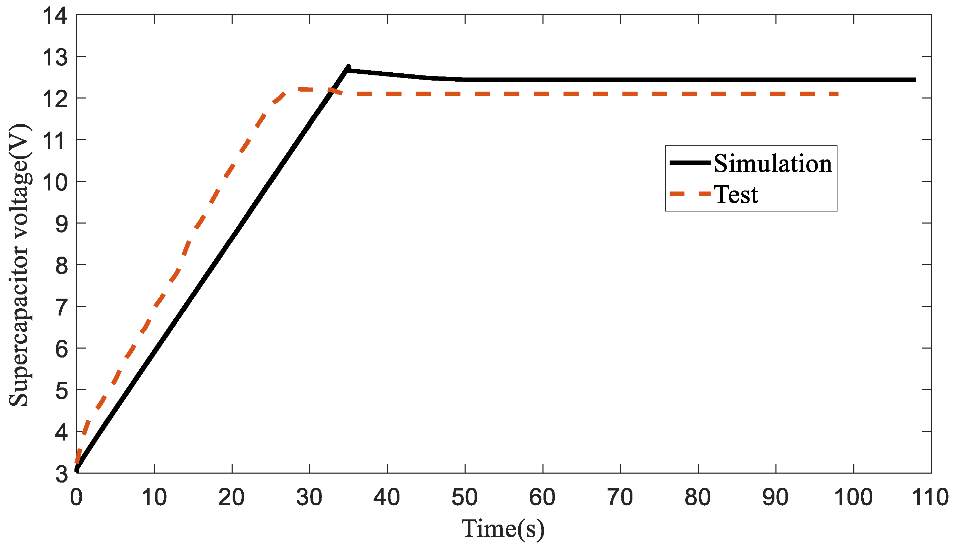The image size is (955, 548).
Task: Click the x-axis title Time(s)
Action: [x=503, y=529]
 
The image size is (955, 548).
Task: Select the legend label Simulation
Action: [x=773, y=164]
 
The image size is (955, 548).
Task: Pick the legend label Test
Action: [x=736, y=195]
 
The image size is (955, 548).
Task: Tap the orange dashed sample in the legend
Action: [x=690, y=194]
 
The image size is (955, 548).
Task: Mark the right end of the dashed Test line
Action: [x=838, y=94]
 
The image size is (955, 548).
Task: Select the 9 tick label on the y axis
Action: [x=61, y=225]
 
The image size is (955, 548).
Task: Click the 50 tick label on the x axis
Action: [x=465, y=498]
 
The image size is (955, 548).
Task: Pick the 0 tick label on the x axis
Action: [x=77, y=498]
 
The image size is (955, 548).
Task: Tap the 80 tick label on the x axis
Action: [x=698, y=498]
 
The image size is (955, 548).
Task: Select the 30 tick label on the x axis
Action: [x=309, y=498]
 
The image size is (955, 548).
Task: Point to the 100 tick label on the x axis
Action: [x=853, y=498]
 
